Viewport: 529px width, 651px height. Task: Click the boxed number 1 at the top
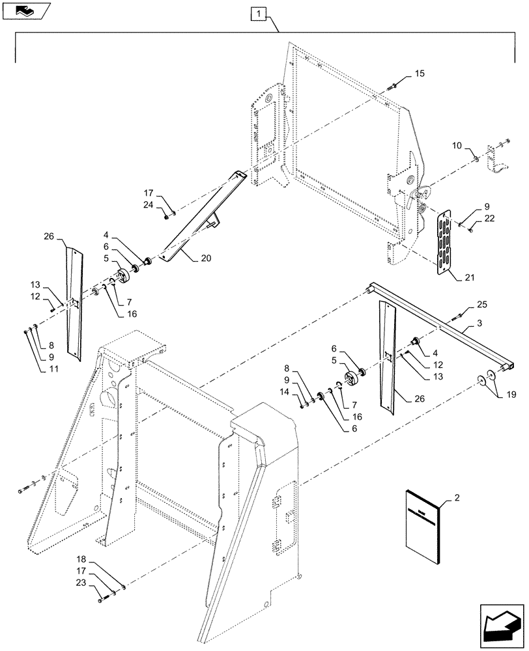259,13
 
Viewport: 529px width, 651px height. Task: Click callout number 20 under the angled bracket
206,258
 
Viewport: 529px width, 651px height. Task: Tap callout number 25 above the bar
481,304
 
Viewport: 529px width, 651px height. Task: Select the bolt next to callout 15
395,85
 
